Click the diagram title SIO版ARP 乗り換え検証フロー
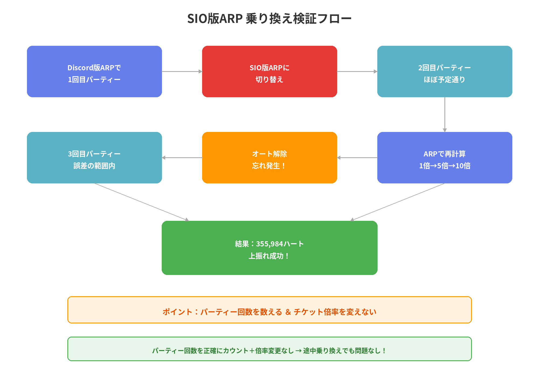pyautogui.click(x=269, y=19)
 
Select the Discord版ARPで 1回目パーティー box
pyautogui.click(x=94, y=71)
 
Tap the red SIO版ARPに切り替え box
pyautogui.click(x=269, y=71)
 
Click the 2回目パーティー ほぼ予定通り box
pyautogui.click(x=445, y=71)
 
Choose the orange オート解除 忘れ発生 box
pyautogui.click(x=269, y=158)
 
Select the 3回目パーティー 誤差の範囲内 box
pyautogui.click(x=94, y=158)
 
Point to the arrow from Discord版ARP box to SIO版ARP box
pyautogui.click(x=182, y=71)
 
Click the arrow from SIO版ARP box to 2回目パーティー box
pyautogui.click(x=357, y=71)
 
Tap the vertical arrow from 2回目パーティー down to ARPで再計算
pyautogui.click(x=445, y=114)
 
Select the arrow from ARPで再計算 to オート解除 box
pyautogui.click(x=357, y=158)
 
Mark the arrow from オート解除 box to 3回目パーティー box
pyautogui.click(x=182, y=158)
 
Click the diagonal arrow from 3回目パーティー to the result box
pyautogui.click(x=141, y=202)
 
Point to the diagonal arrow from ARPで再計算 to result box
pyautogui.click(x=398, y=202)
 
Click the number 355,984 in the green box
pyautogui.click(x=269, y=244)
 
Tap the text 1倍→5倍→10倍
pyautogui.click(x=445, y=166)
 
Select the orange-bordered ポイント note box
pyautogui.click(x=269, y=310)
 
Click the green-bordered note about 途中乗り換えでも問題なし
pyautogui.click(x=269, y=349)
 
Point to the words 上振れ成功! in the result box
pyautogui.click(x=269, y=256)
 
